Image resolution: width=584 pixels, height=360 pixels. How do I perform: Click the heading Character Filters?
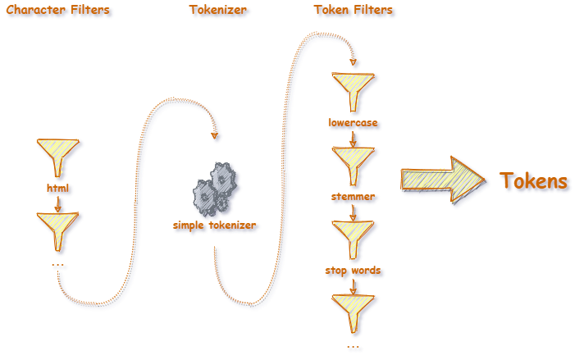click(x=57, y=11)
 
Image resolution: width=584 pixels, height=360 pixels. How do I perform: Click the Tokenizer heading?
click(x=218, y=11)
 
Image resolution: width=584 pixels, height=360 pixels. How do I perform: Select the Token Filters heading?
click(x=353, y=11)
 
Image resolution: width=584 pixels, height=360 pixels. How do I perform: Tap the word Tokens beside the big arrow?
click(x=533, y=181)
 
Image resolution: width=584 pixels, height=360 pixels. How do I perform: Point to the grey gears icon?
click(x=217, y=189)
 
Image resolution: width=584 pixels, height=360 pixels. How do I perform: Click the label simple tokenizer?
click(x=214, y=226)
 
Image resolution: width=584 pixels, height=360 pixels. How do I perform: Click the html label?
click(x=58, y=189)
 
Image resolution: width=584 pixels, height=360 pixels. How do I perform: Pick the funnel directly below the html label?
click(x=57, y=230)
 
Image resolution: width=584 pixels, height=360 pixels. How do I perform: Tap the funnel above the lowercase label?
click(x=353, y=89)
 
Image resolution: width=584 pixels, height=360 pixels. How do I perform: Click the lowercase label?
click(x=353, y=123)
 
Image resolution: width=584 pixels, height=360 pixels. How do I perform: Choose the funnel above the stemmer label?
click(x=353, y=164)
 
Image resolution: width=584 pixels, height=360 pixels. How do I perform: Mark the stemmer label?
click(x=353, y=197)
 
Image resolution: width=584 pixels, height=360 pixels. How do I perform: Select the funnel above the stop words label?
click(x=353, y=238)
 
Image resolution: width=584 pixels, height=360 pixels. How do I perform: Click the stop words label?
click(x=353, y=271)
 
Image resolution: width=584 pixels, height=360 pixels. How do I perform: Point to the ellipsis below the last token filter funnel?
click(x=354, y=349)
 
